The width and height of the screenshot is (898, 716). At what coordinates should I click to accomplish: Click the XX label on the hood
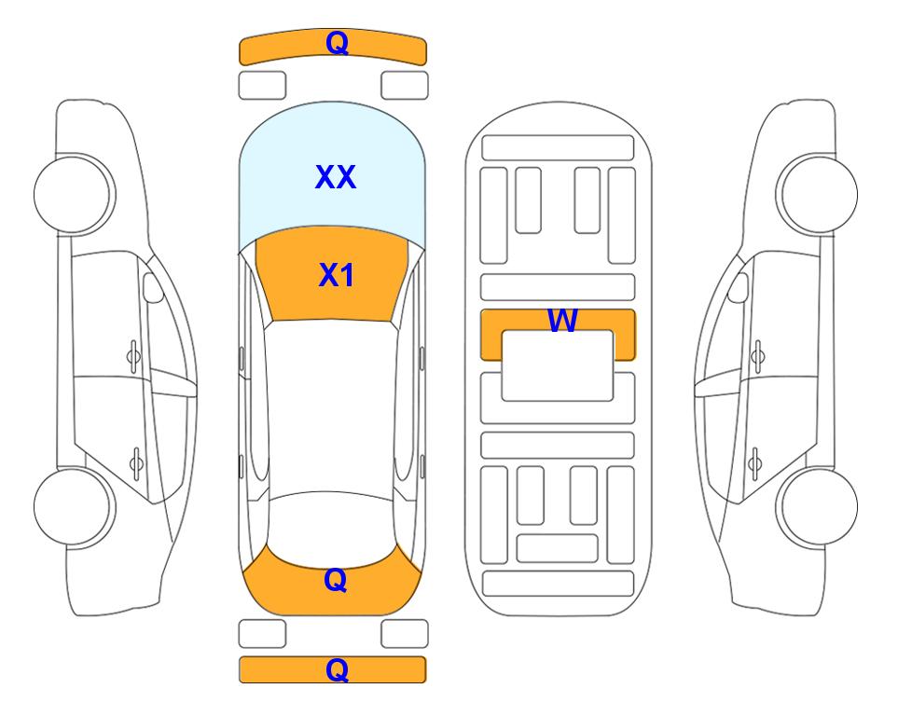[x=336, y=177]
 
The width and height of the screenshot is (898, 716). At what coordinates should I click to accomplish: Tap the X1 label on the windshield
[x=337, y=275]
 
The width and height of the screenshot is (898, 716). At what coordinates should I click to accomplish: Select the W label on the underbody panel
[x=562, y=320]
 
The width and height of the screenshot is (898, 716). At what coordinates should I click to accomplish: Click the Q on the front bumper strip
[x=338, y=42]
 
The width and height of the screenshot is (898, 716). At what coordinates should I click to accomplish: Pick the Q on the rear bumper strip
[x=338, y=669]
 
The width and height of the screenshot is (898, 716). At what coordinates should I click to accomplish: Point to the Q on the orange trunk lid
[x=336, y=580]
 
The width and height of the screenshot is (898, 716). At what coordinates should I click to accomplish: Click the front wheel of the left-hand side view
[x=75, y=194]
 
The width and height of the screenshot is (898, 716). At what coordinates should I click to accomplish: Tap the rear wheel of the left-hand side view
[x=75, y=506]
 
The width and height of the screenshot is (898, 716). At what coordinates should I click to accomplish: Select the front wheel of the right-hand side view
[x=817, y=194]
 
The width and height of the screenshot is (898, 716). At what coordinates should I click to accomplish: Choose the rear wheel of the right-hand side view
[x=817, y=506]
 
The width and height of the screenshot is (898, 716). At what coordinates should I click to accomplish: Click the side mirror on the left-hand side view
[x=153, y=287]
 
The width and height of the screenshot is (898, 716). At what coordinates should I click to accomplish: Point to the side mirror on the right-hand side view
[x=739, y=287]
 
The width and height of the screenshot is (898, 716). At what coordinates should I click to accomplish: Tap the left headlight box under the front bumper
[x=262, y=86]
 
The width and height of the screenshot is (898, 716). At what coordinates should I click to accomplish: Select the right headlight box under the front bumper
[x=405, y=86]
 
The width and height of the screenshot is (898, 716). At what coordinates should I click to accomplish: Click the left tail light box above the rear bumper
[x=262, y=634]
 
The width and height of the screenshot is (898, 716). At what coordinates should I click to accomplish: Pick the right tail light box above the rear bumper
[x=405, y=634]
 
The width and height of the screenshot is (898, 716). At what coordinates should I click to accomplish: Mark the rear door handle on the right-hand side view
[x=754, y=463]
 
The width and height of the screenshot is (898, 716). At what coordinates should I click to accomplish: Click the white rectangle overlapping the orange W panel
[x=558, y=365]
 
